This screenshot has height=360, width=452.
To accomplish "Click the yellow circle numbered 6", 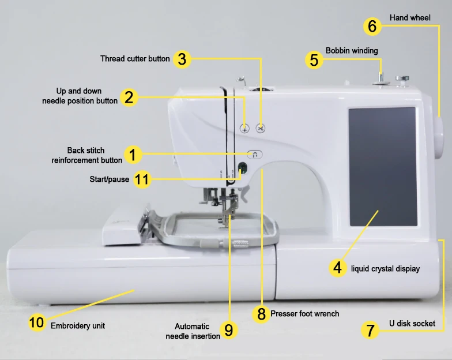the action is pyautogui.click(x=372, y=26).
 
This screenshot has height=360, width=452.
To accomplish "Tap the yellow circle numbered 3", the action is pyautogui.click(x=182, y=59).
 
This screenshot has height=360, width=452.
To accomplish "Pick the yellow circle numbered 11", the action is pyautogui.click(x=142, y=179).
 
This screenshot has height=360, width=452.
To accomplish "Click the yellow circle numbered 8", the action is pyautogui.click(x=262, y=314).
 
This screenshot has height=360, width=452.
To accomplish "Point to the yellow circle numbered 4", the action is pyautogui.click(x=338, y=268).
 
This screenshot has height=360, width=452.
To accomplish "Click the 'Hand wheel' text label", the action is pyautogui.click(x=410, y=18).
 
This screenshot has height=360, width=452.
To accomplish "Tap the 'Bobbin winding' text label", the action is pyautogui.click(x=352, y=51).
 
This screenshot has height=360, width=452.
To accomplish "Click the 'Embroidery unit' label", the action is pyautogui.click(x=78, y=326).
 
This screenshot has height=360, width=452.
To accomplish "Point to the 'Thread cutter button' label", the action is pyautogui.click(x=135, y=58).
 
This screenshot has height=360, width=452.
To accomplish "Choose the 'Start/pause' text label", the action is pyautogui.click(x=109, y=179).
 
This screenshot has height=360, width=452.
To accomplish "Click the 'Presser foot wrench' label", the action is pyautogui.click(x=304, y=314).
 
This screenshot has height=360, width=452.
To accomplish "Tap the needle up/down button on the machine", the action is pyautogui.click(x=244, y=128).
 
